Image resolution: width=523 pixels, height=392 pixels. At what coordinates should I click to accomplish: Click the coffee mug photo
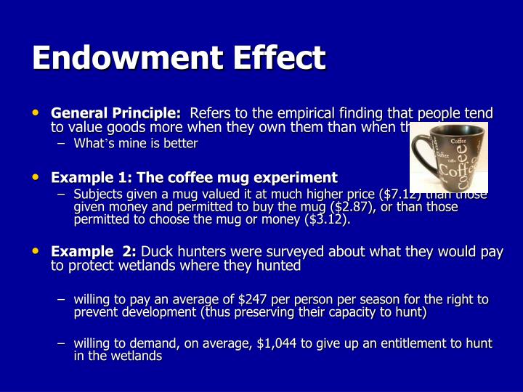click(x=449, y=158)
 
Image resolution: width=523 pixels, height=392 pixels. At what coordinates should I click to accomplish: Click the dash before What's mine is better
click(x=61, y=144)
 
